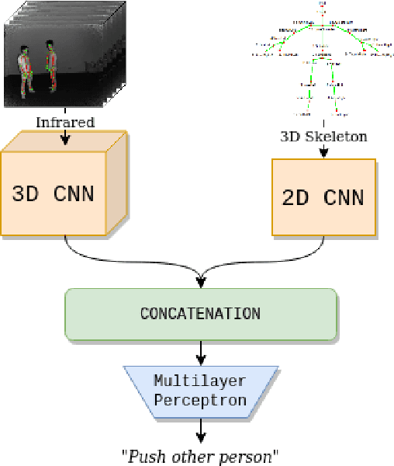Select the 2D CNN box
point(323,197)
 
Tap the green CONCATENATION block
point(200,315)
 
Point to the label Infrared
point(65,122)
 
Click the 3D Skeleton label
point(323,137)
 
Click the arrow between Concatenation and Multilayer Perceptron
point(201,353)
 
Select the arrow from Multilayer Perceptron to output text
point(201,428)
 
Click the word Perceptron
point(200,400)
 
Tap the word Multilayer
point(200,381)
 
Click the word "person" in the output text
point(251,455)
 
